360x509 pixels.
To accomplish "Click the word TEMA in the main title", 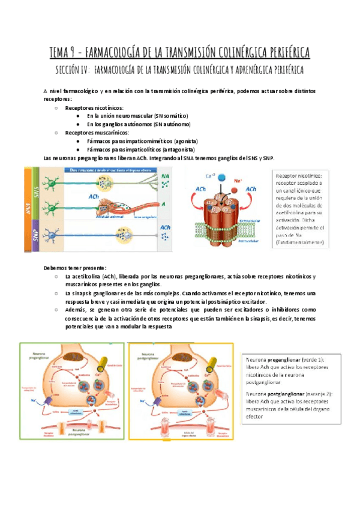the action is [x=63, y=52].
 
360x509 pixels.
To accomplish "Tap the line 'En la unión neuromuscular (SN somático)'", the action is [x=137, y=116].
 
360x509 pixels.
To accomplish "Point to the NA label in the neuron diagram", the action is [x=166, y=176].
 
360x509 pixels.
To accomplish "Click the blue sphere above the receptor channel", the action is [x=223, y=178].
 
